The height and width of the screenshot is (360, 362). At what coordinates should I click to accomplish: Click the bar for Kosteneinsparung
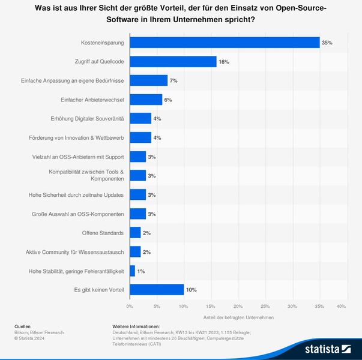tap(225, 43)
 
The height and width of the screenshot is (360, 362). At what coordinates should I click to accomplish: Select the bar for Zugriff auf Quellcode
tap(173, 62)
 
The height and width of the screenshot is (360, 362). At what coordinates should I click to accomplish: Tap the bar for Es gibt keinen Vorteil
tap(157, 290)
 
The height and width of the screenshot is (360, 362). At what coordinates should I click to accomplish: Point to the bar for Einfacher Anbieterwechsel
tap(146, 100)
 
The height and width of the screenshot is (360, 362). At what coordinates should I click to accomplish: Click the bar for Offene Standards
tap(135, 233)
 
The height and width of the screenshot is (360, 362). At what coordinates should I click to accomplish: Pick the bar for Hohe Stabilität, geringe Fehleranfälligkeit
tap(132, 271)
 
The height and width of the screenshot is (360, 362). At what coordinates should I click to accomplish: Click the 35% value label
tap(327, 43)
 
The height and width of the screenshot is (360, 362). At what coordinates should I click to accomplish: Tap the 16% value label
tap(223, 62)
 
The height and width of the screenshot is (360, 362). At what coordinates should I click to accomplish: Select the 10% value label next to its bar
tap(191, 290)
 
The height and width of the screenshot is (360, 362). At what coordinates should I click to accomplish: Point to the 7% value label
tap(174, 81)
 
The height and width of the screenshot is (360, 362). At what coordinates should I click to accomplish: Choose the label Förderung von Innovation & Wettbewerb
tap(76, 138)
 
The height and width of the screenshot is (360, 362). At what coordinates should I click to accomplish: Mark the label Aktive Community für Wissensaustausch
tap(74, 252)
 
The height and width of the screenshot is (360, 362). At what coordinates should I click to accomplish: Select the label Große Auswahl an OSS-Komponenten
tap(77, 214)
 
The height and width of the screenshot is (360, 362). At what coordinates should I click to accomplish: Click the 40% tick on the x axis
tap(341, 307)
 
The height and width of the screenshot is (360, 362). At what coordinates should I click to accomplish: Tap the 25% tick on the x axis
tap(265, 307)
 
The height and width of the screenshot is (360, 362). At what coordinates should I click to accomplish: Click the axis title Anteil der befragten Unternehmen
tap(238, 317)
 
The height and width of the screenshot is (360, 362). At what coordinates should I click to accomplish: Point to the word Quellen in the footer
tap(22, 326)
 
